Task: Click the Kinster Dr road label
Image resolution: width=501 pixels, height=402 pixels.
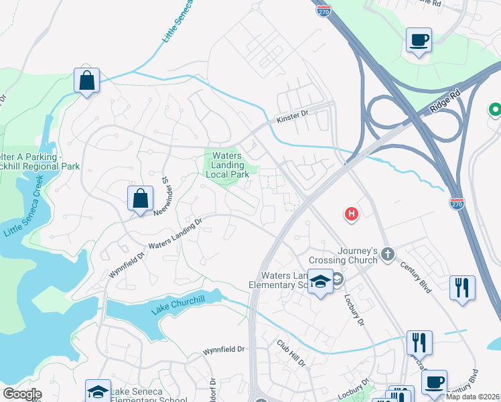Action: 292,117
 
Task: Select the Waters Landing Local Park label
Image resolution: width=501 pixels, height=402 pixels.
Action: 226,165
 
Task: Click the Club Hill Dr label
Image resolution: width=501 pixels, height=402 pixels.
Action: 291,352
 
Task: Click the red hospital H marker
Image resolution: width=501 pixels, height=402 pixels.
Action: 351,214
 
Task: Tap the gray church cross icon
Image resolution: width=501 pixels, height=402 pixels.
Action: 388,253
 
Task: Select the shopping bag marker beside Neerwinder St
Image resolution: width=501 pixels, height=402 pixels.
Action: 140,199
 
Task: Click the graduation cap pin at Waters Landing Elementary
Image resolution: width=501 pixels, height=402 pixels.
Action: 321,281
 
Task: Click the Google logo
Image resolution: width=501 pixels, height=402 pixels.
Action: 21,394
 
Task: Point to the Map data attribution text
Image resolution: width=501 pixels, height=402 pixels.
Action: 472,395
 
